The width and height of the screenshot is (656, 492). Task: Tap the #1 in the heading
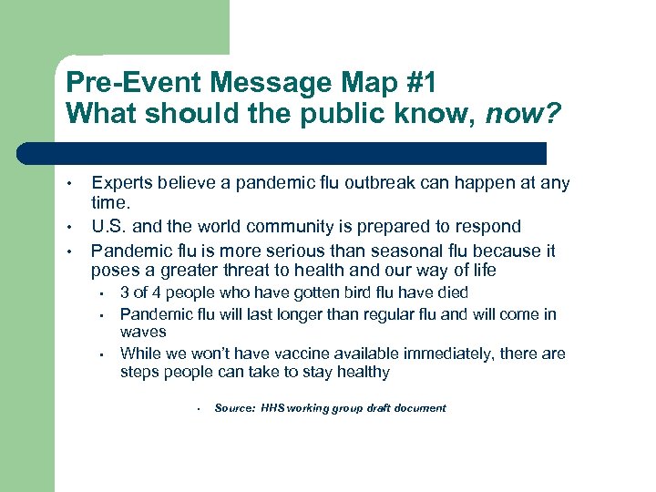(x=415, y=84)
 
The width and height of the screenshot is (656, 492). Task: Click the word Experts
(x=123, y=183)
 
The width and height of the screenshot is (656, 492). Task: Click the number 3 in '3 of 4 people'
(x=125, y=292)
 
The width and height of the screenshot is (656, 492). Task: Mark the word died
(x=450, y=292)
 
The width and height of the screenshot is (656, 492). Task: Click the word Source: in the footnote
(x=234, y=408)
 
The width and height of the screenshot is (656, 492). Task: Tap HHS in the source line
(x=272, y=408)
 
